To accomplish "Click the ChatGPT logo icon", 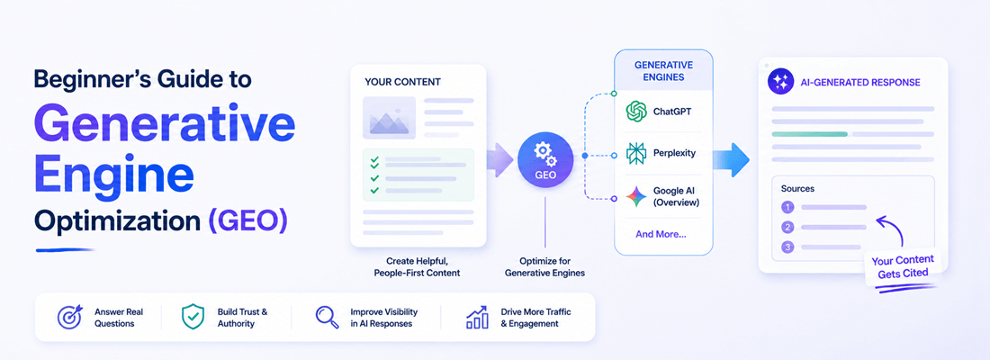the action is coord(636,112).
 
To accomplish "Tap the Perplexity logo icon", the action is coord(636,154).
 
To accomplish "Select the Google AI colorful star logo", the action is coord(636,197).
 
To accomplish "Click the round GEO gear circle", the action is coord(544,160).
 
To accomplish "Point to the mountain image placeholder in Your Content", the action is coord(389,118).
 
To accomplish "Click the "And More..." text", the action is coord(661,234).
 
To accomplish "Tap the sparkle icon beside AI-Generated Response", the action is coord(780,82).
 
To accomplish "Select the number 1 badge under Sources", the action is coord(787,207).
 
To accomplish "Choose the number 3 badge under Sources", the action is coord(787,247).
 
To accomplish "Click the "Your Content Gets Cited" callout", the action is coord(902,267).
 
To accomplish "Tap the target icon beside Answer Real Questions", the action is coord(69,317).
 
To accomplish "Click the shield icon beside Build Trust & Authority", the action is coord(193,317).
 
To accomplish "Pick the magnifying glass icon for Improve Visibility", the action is coord(327,318).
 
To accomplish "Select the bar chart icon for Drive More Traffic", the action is coord(477,317).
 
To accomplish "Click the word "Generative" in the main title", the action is coord(165,123).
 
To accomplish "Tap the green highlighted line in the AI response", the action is coord(809,134).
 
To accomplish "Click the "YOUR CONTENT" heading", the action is coord(403,82).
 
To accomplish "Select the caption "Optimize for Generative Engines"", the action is coord(544,266).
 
